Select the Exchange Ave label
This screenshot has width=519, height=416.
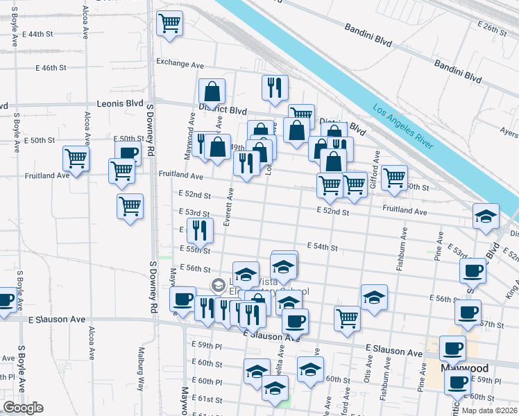click(x=180, y=63)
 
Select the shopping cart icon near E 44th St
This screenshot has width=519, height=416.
click(x=170, y=24)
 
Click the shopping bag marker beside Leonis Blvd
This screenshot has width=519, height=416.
click(x=212, y=92)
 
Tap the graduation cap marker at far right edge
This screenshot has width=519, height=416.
click(x=486, y=216)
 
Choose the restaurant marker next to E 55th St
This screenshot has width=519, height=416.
click(x=199, y=231)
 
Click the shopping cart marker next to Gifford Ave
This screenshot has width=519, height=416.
click(x=394, y=177)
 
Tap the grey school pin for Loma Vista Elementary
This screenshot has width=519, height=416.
click(x=219, y=285)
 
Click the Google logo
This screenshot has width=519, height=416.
click(x=23, y=408)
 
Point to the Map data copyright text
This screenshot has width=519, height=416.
click(x=489, y=410)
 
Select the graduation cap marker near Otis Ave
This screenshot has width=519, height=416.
click(x=374, y=297)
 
